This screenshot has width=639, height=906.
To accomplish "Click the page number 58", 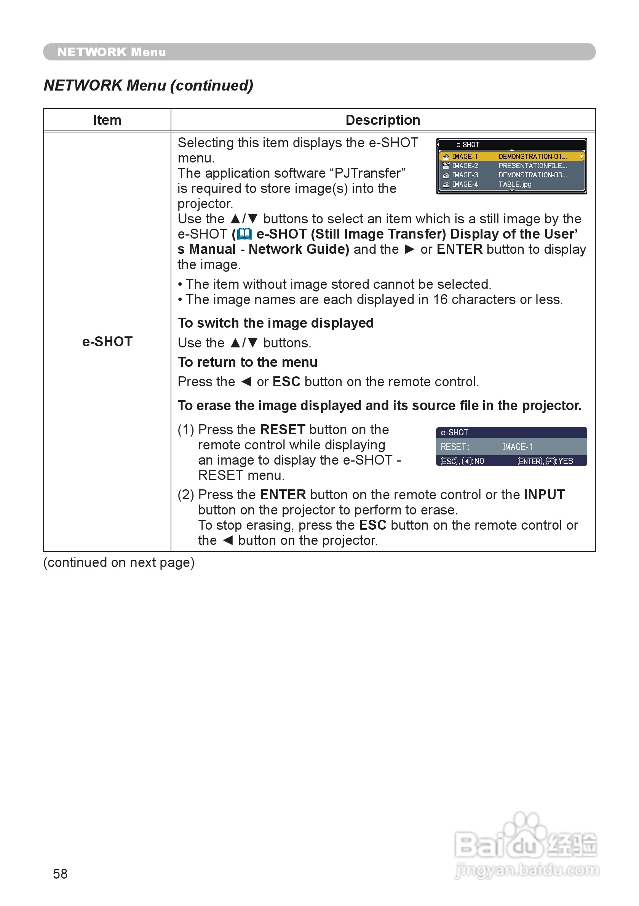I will pos(60,874).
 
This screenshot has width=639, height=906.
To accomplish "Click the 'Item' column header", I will pos(107,120).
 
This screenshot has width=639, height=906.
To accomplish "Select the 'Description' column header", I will pos(382,120).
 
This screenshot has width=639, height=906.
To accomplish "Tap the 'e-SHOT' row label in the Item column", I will pos(107,341).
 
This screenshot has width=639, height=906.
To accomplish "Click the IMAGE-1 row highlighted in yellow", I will pos(511,157).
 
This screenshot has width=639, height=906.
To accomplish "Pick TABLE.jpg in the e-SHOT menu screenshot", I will pos(514,184).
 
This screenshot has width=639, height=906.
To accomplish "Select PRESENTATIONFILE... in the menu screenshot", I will pos(532,166).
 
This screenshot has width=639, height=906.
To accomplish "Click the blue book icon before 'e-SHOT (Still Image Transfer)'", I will pos(244,234).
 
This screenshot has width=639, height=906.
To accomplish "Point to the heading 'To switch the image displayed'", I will pos(275,323).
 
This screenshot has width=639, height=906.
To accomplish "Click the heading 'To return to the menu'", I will pos(247,362).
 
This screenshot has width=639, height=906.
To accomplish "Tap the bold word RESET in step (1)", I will pos(283,429).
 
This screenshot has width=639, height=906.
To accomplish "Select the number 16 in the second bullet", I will pos(440,299).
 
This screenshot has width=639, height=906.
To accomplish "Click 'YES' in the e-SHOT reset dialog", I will pos(565,461).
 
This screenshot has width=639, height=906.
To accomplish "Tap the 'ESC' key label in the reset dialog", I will pos(449,461).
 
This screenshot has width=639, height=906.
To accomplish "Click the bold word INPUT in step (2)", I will pos(544,494).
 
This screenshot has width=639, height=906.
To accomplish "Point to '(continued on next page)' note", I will pos(119,562).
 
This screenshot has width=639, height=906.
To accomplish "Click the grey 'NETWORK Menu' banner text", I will pos(112,52).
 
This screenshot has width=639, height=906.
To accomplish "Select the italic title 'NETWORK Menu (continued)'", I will pos(149,85).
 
